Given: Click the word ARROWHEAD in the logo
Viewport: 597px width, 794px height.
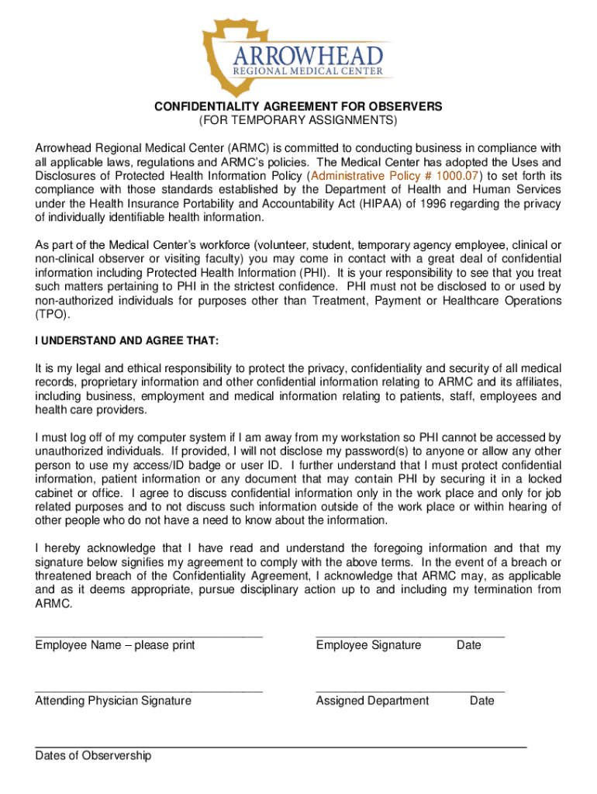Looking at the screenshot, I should pyautogui.click(x=310, y=55).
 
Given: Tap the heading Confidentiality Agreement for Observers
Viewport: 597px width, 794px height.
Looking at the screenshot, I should pyautogui.click(x=298, y=106).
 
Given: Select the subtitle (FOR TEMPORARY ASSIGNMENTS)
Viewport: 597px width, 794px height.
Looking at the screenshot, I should pyautogui.click(x=298, y=121).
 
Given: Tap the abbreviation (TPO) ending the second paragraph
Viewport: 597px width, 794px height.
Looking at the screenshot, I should pyautogui.click(x=52, y=315).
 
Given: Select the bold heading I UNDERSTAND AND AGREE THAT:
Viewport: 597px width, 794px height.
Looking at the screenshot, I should pyautogui.click(x=127, y=341).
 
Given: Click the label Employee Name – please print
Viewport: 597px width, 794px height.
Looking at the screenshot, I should pyautogui.click(x=115, y=645).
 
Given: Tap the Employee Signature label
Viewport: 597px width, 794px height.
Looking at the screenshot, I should pyautogui.click(x=368, y=645).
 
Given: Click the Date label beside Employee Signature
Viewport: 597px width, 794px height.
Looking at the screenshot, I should pyautogui.click(x=468, y=645).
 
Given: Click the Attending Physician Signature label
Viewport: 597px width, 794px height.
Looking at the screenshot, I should pyautogui.click(x=113, y=701).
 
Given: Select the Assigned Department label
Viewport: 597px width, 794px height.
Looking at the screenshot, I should pyautogui.click(x=372, y=701).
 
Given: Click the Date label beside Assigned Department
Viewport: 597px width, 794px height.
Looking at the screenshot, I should pyautogui.click(x=481, y=701).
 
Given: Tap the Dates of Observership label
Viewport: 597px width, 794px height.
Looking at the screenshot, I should pyautogui.click(x=93, y=756).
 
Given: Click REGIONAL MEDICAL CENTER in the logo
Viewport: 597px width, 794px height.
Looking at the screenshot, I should pyautogui.click(x=308, y=72).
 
